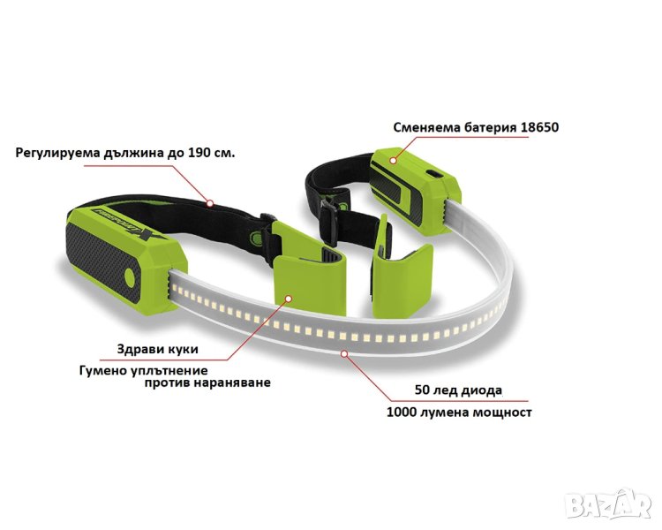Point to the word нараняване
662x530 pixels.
[x=234, y=382]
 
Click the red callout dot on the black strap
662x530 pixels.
[x=212, y=203]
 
